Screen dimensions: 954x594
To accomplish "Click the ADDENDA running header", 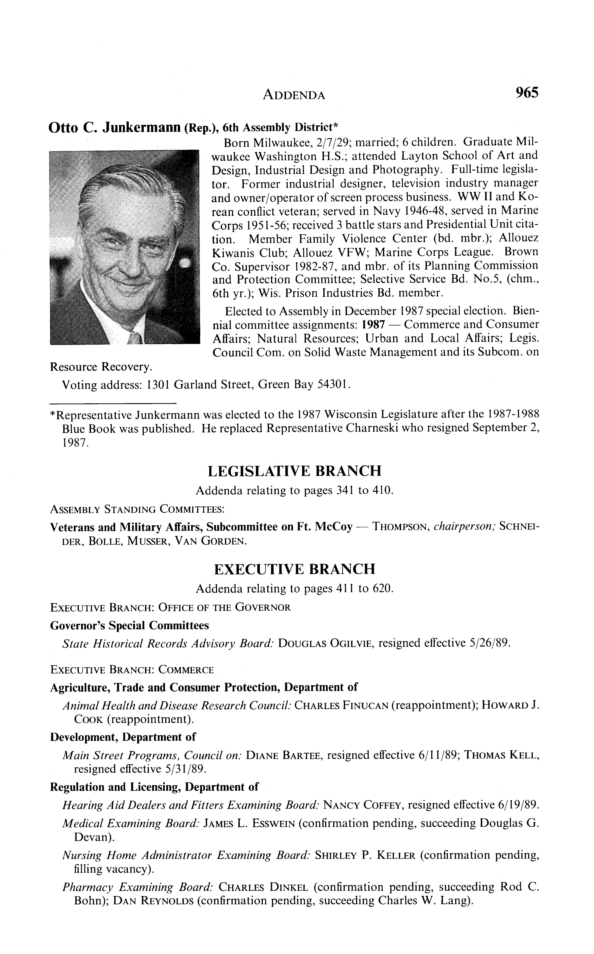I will click(x=294, y=95).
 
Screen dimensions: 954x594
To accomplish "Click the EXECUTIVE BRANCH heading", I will click(x=294, y=569).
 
